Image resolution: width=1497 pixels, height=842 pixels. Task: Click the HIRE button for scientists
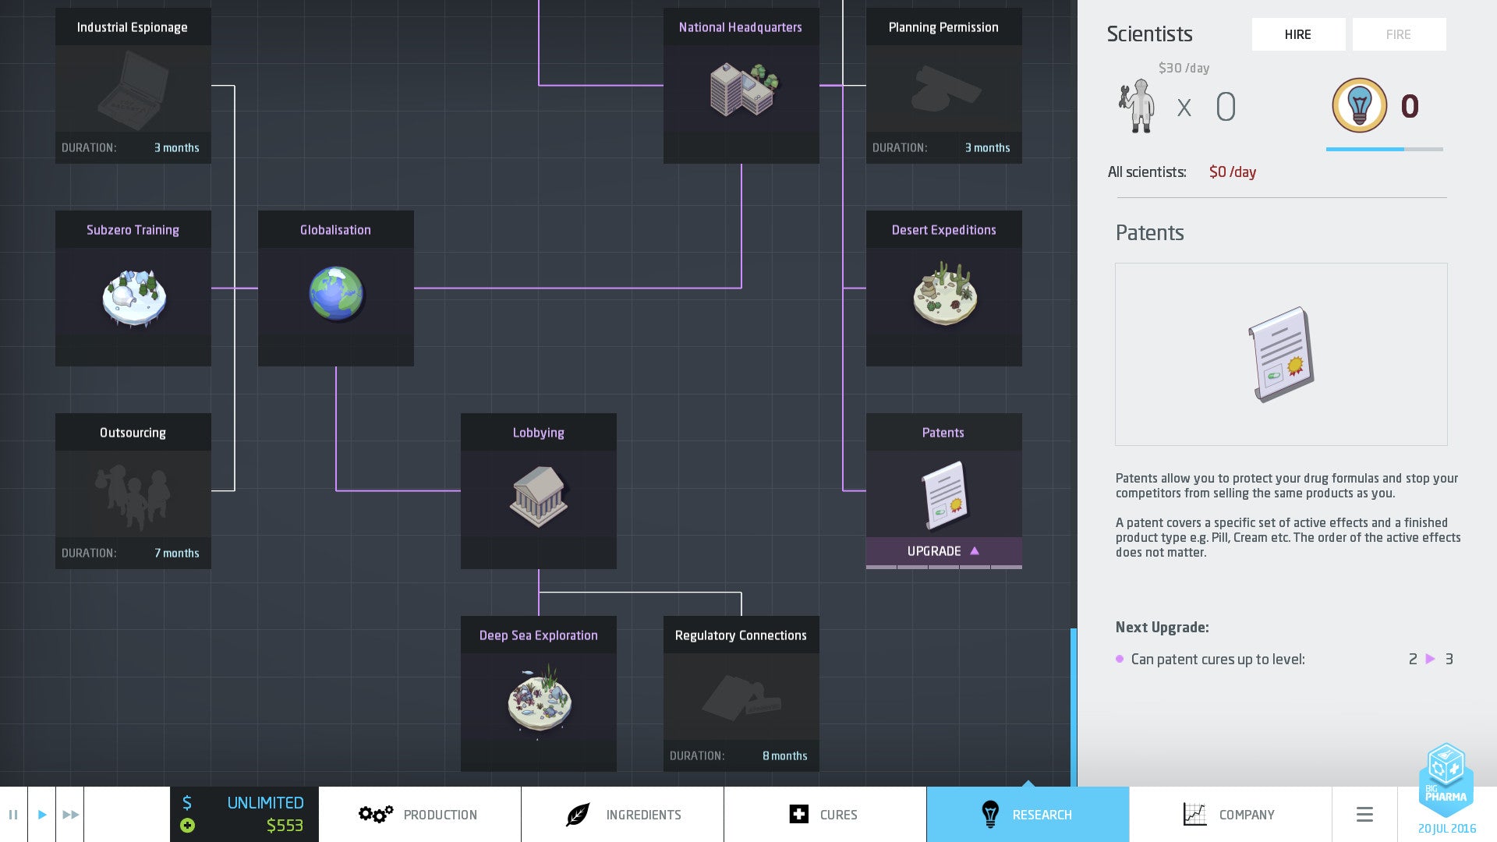pyautogui.click(x=1298, y=34)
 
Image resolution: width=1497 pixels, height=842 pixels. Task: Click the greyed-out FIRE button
pyautogui.click(x=1398, y=34)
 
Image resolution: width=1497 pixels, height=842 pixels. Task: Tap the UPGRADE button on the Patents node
pyautogui.click(x=943, y=551)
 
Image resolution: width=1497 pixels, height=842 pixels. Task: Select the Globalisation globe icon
pyautogui.click(x=336, y=294)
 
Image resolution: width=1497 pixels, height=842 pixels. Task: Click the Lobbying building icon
pyautogui.click(x=538, y=496)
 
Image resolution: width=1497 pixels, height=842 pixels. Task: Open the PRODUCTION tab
pyautogui.click(x=419, y=815)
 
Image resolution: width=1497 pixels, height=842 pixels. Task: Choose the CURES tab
pyautogui.click(x=824, y=815)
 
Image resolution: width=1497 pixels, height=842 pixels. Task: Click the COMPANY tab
pyautogui.click(x=1230, y=815)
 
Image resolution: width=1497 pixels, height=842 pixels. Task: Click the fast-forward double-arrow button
pyautogui.click(x=70, y=815)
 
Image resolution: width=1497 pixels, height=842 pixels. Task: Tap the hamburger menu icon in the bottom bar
pyautogui.click(x=1364, y=815)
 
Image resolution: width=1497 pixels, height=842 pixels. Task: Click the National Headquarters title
pyautogui.click(x=740, y=27)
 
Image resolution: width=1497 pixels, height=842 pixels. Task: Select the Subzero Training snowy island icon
pyautogui.click(x=134, y=297)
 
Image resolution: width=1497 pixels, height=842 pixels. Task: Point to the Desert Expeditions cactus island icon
pyautogui.click(x=944, y=294)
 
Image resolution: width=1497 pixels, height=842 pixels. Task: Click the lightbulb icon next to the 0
pyautogui.click(x=1359, y=105)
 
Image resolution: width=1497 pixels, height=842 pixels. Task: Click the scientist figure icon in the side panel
pyautogui.click(x=1136, y=106)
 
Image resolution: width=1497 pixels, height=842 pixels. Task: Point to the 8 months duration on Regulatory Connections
pyautogui.click(x=784, y=756)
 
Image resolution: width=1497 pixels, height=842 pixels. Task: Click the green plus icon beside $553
pyautogui.click(x=187, y=826)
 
